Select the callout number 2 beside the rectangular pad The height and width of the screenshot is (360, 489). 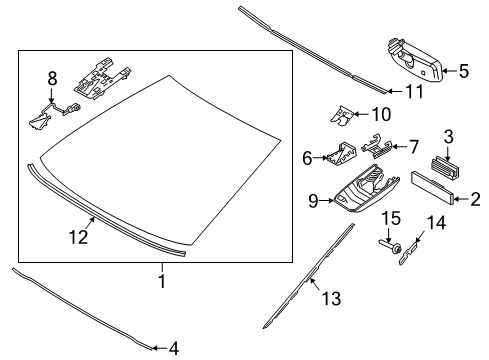[x=461, y=199]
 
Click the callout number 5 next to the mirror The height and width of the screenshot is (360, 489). [x=463, y=70]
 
